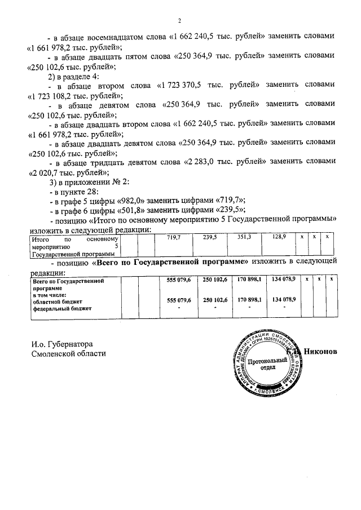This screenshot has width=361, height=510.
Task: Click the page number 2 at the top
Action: coord(179,21)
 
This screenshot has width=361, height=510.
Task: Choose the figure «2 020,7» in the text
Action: coord(51,173)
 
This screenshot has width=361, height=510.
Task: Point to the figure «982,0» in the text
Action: coord(144,202)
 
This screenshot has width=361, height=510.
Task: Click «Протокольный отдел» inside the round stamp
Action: coord(263,362)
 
